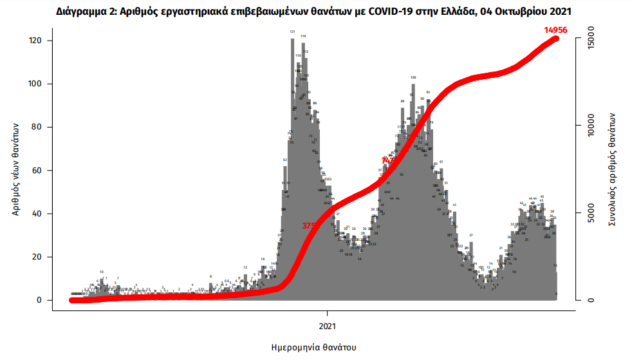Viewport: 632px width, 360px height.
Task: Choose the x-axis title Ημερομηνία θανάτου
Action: [314, 348]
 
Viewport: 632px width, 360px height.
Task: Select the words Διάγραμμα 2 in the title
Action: [86, 12]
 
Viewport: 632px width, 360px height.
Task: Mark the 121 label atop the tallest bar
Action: [292, 31]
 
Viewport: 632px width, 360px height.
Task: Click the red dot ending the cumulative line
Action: [557, 39]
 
